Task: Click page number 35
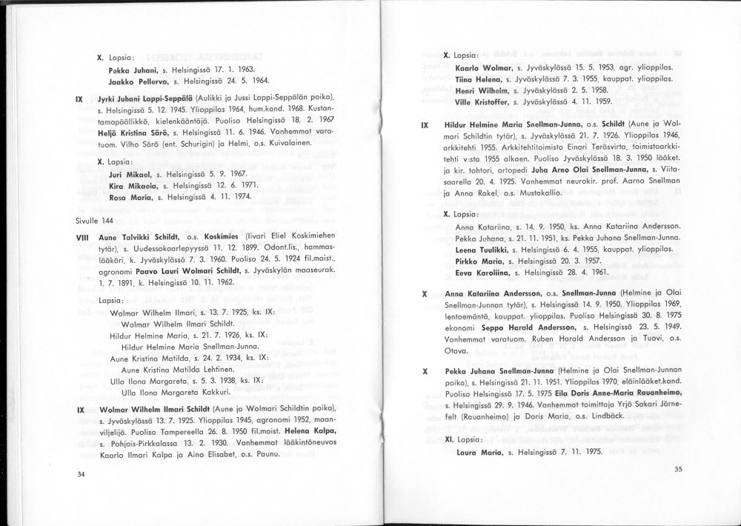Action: point(678,468)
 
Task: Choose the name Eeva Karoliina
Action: point(480,272)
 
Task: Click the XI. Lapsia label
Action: point(459,439)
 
